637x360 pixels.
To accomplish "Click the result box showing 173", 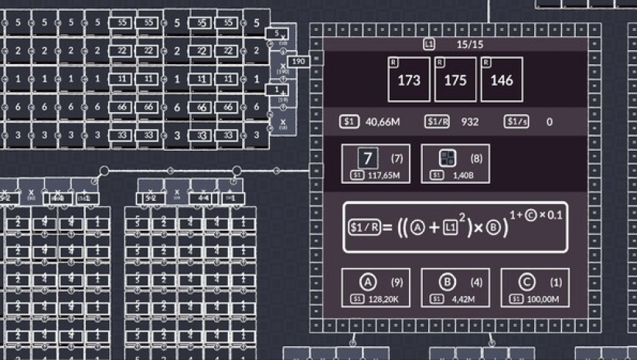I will (x=409, y=80).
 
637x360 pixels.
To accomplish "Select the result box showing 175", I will (x=455, y=80).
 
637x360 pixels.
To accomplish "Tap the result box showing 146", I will (x=502, y=80).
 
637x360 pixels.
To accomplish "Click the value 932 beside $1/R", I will (x=470, y=121).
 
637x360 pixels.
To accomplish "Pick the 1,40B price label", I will (x=462, y=175).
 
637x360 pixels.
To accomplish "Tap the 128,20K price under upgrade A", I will (x=384, y=298).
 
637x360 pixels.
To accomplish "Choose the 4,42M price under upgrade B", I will (x=462, y=298).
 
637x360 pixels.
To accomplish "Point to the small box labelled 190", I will (x=298, y=61).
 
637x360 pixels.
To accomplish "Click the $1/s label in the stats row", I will (x=516, y=121).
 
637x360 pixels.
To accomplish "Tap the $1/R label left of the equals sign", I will (x=362, y=227).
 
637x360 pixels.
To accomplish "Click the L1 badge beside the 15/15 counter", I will (x=429, y=45).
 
